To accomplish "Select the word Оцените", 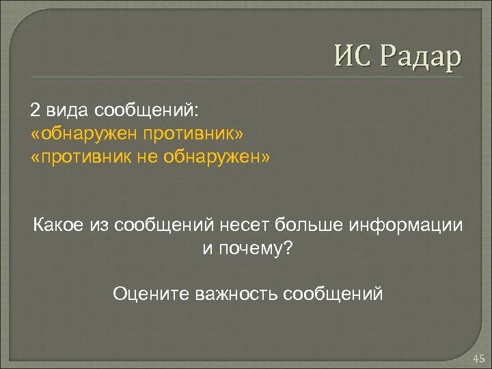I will point(151,295).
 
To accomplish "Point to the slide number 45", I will point(476,357).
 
